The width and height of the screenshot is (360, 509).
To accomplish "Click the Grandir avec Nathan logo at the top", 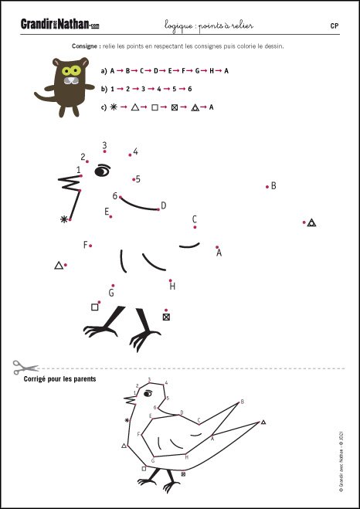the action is point(60,25).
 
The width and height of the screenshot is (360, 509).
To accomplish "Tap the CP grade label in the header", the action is point(335,26).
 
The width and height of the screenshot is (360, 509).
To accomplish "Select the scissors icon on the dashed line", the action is point(25,368).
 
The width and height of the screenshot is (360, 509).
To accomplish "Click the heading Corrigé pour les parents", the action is point(59,378).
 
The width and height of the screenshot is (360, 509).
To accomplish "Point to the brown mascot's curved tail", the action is point(44,97).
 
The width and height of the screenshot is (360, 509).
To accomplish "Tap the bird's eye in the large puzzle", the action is point(102,171).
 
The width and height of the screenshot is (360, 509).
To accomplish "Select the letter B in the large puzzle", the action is point(273,186).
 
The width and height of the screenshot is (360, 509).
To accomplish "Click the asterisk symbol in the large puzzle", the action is point(64,219).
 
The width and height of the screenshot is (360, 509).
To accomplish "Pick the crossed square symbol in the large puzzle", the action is point(166,317).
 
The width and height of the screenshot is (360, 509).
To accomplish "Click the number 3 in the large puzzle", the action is point(104,144).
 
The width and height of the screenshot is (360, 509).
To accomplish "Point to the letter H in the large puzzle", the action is point(172,287).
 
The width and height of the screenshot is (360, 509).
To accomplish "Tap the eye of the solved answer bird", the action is point(148,393).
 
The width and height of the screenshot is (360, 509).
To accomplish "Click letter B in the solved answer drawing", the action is point(242,402).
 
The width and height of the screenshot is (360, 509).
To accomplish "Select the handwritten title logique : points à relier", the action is point(209,25).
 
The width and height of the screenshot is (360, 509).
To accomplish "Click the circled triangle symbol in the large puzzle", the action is point(311,222).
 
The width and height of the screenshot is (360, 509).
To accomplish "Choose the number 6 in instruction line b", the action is point(190,89).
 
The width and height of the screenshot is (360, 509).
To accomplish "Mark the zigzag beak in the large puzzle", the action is point(70,183).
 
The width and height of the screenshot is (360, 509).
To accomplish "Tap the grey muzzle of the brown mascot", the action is point(70,80).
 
